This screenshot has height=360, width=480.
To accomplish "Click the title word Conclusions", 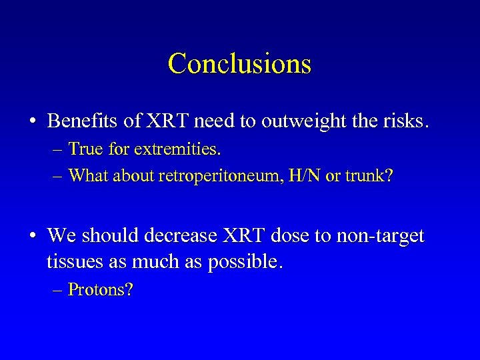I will pyautogui.click(x=239, y=64).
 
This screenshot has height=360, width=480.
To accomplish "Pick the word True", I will pyautogui.click(x=84, y=149).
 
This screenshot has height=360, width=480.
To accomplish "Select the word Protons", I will pyautogui.click(x=100, y=291).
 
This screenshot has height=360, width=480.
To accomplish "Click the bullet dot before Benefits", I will pyautogui.click(x=33, y=122).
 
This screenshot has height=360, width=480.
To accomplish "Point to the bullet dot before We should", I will pyautogui.click(x=33, y=236).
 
